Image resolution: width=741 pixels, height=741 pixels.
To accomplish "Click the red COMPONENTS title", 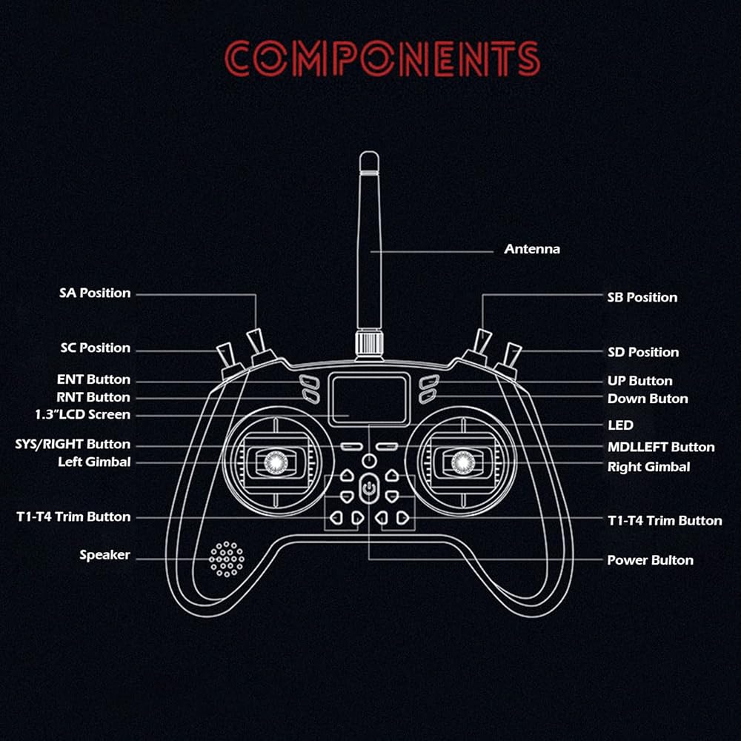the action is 382,59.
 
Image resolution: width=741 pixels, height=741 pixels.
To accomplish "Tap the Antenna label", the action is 532,249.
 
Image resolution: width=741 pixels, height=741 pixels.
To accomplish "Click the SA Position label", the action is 95,293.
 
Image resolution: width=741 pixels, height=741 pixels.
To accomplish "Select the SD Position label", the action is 643,352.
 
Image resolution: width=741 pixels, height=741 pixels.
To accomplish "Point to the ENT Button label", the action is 93,379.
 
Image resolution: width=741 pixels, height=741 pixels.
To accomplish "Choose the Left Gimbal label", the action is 94,462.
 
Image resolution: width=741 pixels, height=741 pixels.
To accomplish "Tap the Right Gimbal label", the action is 648,467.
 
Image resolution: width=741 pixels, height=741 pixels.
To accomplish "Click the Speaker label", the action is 104,555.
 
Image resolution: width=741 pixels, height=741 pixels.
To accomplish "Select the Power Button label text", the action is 650,560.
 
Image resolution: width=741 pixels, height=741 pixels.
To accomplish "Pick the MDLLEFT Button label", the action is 661,447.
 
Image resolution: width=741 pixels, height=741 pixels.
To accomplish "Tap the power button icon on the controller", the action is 369,489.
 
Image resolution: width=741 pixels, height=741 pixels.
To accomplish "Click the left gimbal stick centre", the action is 272,462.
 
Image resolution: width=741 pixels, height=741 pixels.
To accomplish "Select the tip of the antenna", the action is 369,156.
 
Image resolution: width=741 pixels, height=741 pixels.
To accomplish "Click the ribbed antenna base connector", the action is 369,344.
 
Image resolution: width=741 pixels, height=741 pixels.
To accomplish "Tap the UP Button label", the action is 639,381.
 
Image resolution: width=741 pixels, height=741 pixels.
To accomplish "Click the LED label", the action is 620,425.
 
